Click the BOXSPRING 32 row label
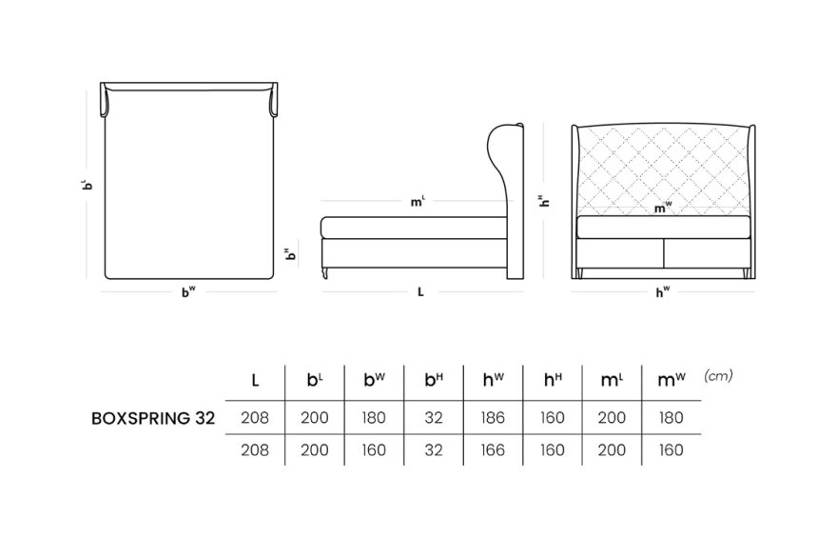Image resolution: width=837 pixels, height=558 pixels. (x=153, y=418)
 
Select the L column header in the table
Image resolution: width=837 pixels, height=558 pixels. (x=255, y=381)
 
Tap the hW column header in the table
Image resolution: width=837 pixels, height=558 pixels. (x=493, y=380)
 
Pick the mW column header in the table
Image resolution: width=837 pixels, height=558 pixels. (x=671, y=380)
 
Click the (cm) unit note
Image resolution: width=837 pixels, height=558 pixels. (x=718, y=376)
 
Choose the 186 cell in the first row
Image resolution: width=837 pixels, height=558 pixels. (x=492, y=417)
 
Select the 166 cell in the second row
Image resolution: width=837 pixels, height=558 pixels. (x=492, y=450)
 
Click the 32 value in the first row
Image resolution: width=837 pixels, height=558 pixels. (x=434, y=417)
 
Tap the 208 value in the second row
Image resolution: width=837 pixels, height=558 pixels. (x=255, y=450)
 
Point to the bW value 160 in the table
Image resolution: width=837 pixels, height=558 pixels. (x=374, y=450)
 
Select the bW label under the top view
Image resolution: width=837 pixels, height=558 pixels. (x=188, y=291)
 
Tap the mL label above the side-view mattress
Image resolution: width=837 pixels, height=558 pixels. (x=418, y=202)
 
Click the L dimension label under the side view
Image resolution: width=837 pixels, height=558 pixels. (x=420, y=291)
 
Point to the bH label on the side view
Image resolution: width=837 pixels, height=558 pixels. (x=290, y=253)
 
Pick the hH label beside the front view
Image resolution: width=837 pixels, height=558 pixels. (x=544, y=200)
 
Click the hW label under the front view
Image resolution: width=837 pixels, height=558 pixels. (x=662, y=291)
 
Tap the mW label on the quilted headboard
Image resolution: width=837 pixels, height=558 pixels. (x=662, y=208)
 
